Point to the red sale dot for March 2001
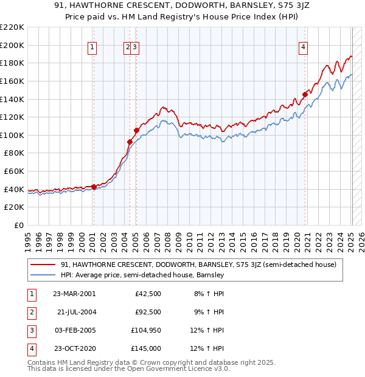pyautogui.click(x=94, y=187)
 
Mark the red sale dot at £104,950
pyautogui.click(x=136, y=130)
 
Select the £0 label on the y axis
pyautogui.click(x=18, y=225)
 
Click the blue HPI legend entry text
pyautogui.click(x=143, y=275)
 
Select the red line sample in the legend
pyautogui.click(x=43, y=265)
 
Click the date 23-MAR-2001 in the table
pyautogui.click(x=74, y=294)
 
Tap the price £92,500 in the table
pyautogui.click(x=148, y=312)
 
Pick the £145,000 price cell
pyautogui.click(x=147, y=348)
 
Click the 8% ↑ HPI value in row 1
pyautogui.click(x=209, y=294)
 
